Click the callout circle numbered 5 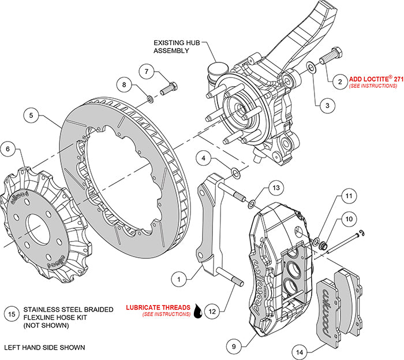coord(32,115)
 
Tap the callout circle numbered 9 coord(233,346)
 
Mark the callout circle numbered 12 coord(212,311)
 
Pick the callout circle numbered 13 coord(277,188)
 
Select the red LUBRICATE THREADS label coord(158,307)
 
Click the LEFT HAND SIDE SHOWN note coord(44,348)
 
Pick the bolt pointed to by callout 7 coord(170,89)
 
